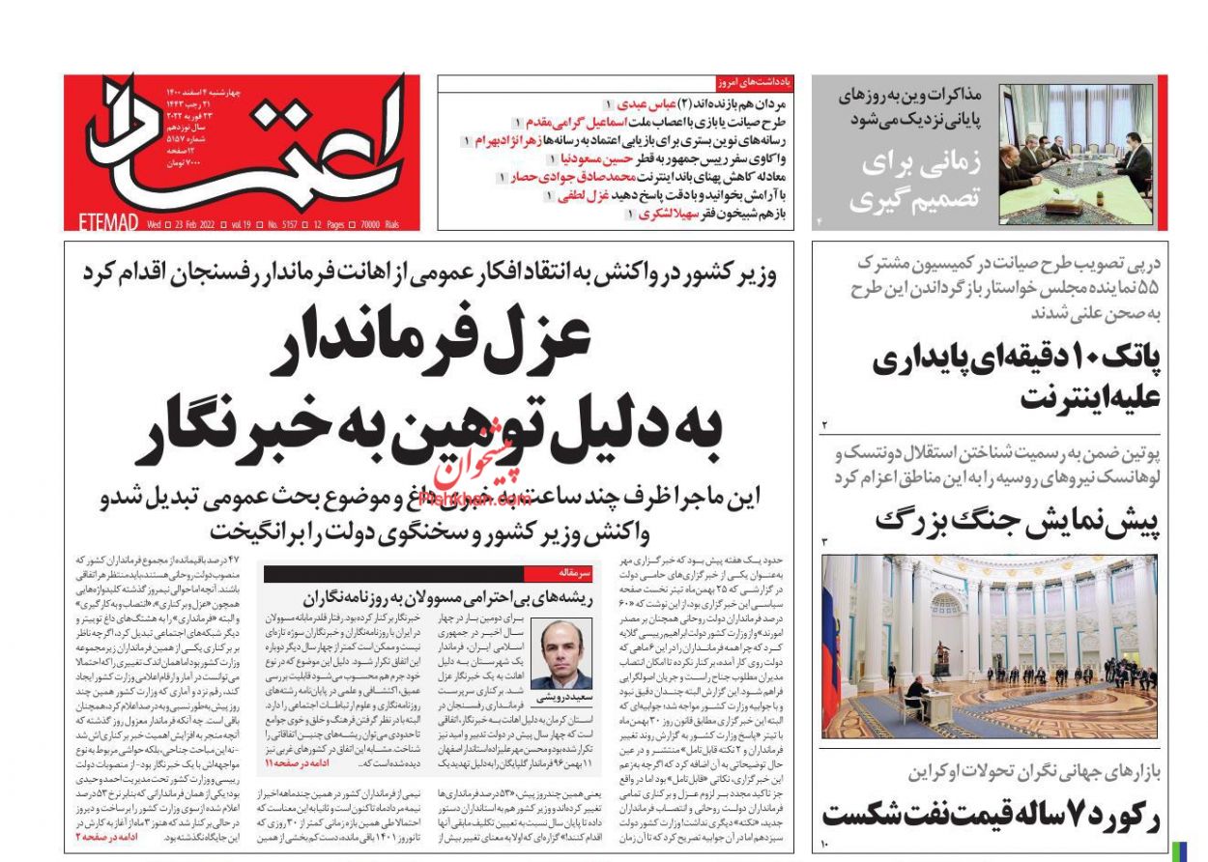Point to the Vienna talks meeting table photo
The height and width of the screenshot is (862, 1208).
[1075, 155]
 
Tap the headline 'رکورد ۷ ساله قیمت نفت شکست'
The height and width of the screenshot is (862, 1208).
[992, 814]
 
